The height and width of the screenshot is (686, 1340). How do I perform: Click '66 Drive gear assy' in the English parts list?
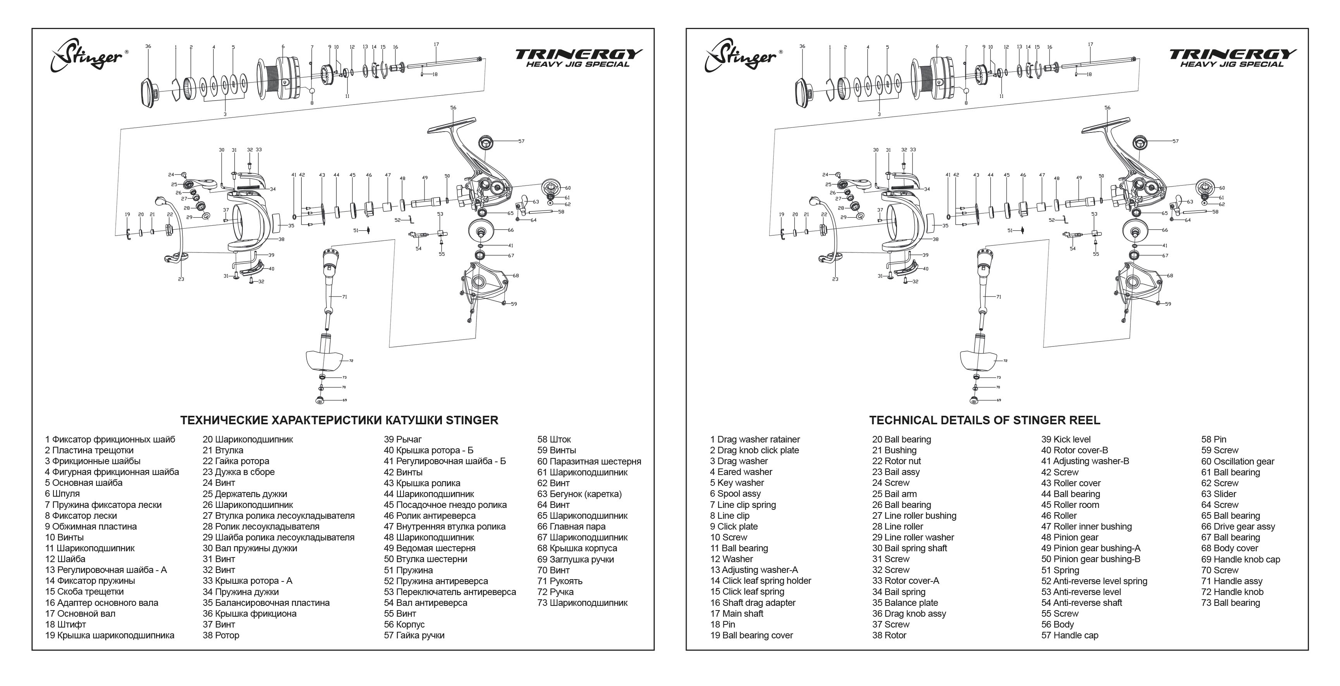1238,527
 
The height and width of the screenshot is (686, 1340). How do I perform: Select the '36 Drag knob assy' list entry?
909,614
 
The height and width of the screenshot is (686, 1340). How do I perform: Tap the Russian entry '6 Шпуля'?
62,494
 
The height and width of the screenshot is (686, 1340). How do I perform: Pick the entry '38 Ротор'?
221,635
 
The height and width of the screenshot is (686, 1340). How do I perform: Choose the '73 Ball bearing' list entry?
1230,603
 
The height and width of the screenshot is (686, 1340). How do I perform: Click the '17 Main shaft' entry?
737,614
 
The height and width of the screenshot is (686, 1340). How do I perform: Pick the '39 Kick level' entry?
1066,439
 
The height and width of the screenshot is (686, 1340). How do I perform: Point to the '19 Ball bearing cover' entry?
751,635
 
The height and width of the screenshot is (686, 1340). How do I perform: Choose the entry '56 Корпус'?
404,624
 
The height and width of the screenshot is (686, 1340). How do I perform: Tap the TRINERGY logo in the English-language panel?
1233,58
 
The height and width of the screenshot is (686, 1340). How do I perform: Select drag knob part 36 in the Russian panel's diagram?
149,92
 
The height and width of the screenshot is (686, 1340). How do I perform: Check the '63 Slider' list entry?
1218,494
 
